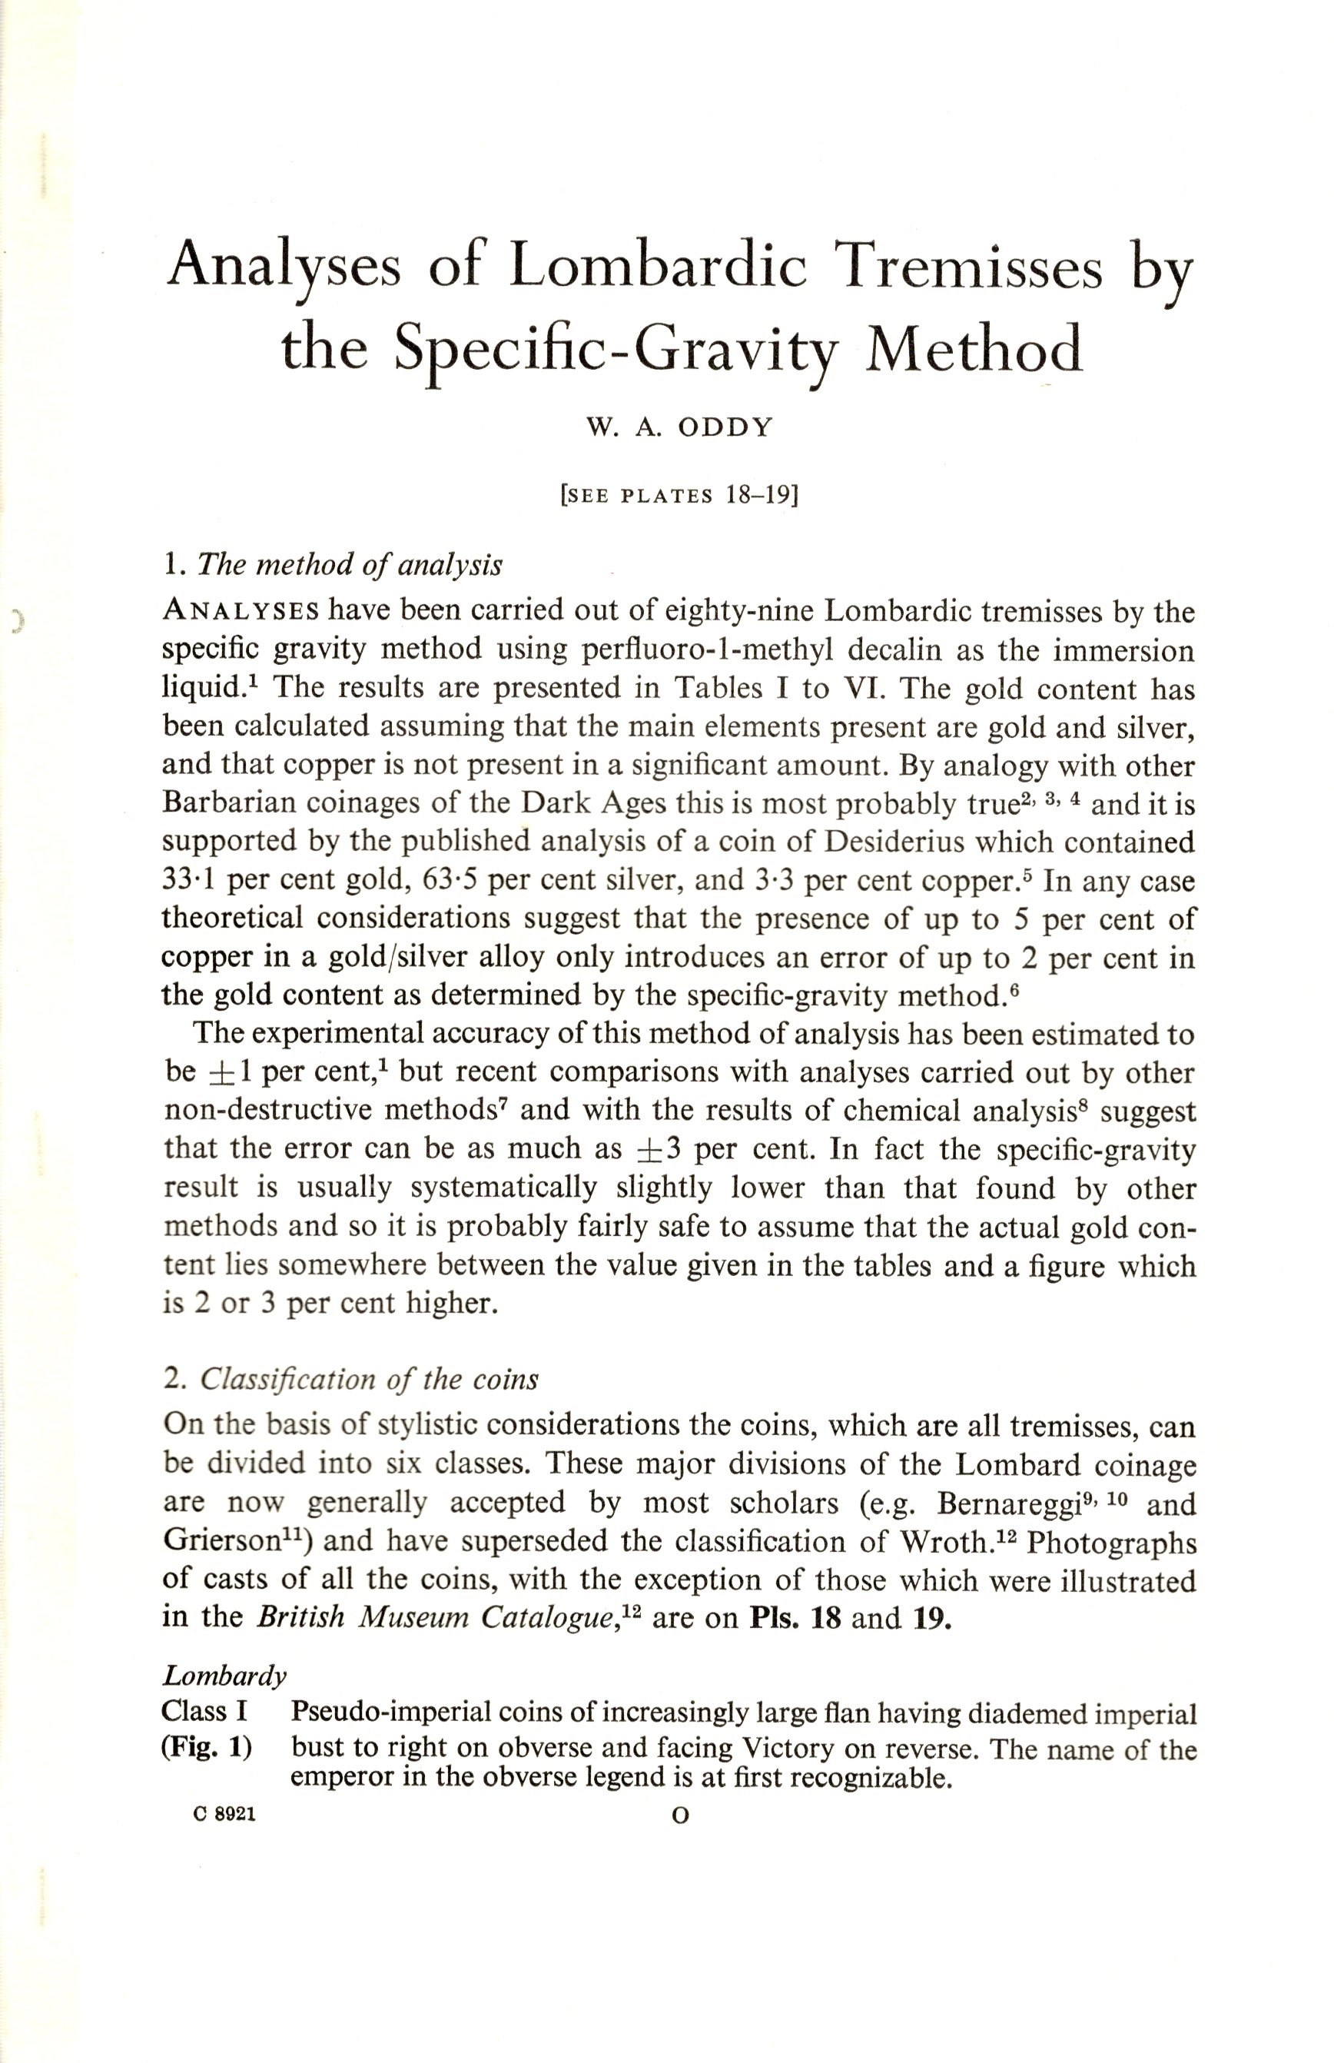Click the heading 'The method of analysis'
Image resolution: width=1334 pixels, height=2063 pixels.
pyautogui.click(x=350, y=565)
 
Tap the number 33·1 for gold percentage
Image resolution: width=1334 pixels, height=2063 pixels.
pyautogui.click(x=189, y=880)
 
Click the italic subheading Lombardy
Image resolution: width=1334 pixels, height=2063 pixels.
pyautogui.click(x=224, y=1676)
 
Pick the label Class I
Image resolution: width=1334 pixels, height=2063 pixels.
pyautogui.click(x=204, y=1713)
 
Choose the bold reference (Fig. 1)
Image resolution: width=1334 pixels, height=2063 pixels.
pyautogui.click(x=206, y=1748)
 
